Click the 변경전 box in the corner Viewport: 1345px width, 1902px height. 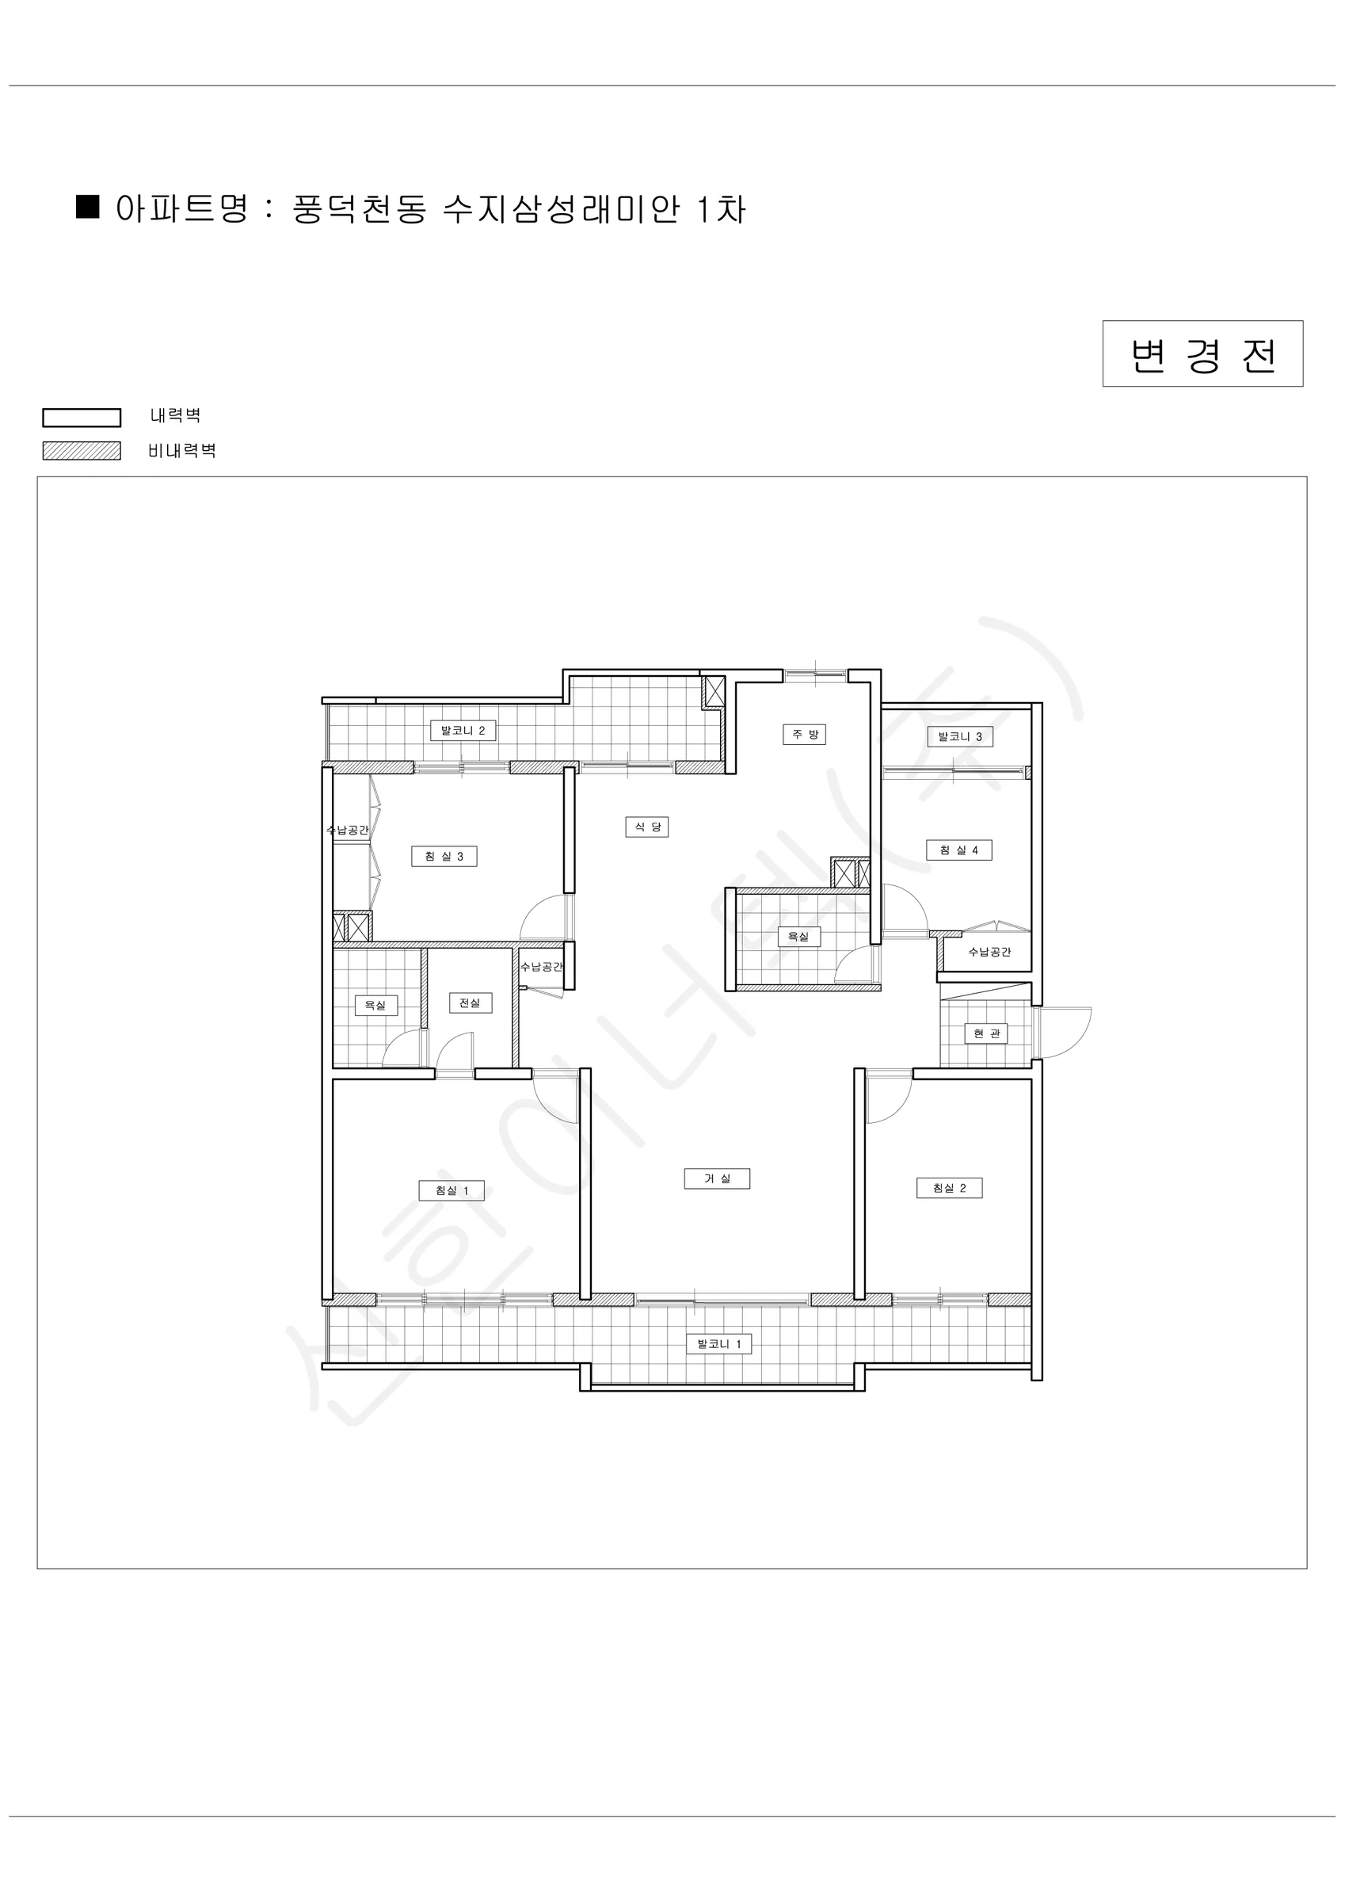click(x=1202, y=353)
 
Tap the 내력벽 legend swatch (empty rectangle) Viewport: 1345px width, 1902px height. click(x=82, y=418)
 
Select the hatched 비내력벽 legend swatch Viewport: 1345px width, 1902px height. click(x=82, y=451)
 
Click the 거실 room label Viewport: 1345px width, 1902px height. click(x=717, y=1178)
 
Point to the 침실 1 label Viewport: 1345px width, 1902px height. click(x=452, y=1190)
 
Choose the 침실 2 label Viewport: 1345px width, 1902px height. click(x=949, y=1188)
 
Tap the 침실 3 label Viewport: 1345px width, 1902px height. click(x=444, y=856)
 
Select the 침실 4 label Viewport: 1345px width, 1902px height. click(x=959, y=850)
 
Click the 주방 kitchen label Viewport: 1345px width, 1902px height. click(x=804, y=734)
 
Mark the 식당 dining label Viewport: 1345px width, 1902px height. click(x=647, y=827)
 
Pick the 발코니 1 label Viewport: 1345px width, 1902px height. click(x=719, y=1343)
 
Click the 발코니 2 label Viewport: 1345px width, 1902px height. click(x=463, y=731)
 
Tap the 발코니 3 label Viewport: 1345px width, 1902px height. click(x=960, y=736)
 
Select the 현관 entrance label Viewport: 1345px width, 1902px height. click(x=985, y=1033)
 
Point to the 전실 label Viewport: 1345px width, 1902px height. click(x=471, y=1003)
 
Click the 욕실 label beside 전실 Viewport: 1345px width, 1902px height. click(x=376, y=1005)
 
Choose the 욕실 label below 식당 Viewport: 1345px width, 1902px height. click(x=798, y=936)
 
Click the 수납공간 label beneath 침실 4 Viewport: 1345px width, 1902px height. click(x=989, y=952)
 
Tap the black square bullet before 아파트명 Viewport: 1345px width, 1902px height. click(x=88, y=206)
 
